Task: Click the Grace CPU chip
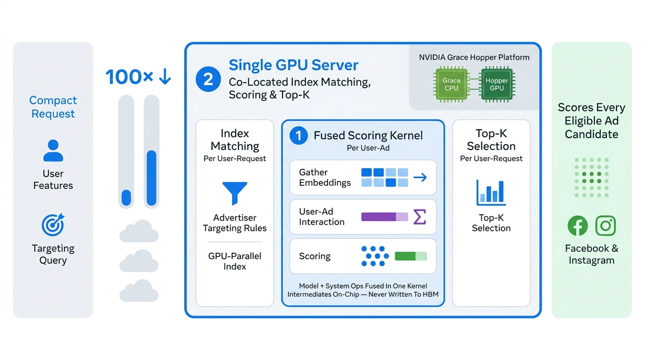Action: [451, 84]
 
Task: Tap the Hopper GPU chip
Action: [497, 84]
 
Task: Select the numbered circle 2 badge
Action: [208, 79]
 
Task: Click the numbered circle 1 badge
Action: [299, 135]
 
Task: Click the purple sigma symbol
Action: [420, 217]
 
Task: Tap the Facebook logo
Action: [577, 225]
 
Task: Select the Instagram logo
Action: [606, 225]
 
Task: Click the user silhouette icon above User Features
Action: [53, 150]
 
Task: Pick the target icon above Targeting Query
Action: [52, 225]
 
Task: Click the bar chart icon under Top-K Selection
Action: [491, 193]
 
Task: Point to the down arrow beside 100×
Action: [165, 76]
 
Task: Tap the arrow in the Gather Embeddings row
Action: [420, 177]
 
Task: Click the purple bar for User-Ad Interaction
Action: [385, 217]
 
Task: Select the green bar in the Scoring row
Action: [411, 256]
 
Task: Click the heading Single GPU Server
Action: [293, 65]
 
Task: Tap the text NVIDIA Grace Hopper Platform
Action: [474, 57]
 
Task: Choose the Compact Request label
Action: [53, 107]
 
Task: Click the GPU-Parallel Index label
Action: [235, 261]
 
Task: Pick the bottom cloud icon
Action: [139, 291]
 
